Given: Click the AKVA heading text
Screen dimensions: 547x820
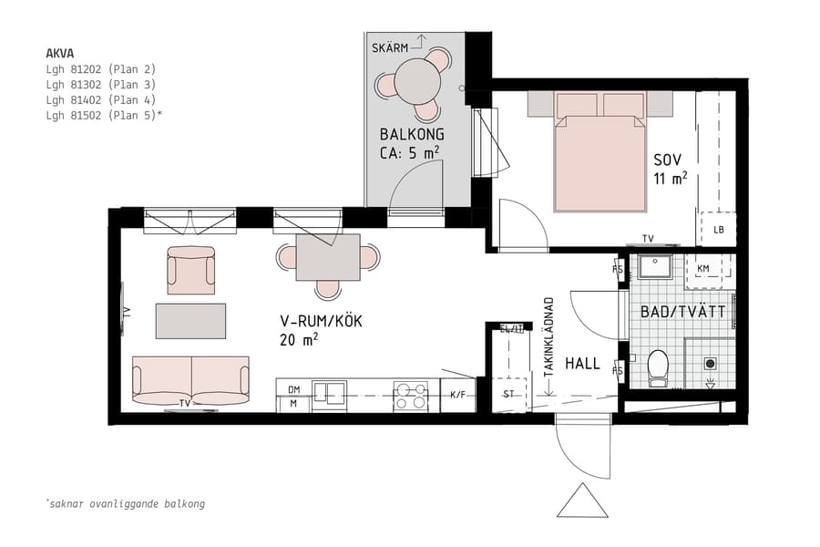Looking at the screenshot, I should (59, 53).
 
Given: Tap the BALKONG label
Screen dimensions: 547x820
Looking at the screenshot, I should (412, 135).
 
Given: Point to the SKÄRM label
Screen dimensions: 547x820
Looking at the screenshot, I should (389, 46).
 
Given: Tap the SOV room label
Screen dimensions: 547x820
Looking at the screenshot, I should (668, 160).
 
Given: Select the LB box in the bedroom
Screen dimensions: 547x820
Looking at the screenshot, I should (718, 229).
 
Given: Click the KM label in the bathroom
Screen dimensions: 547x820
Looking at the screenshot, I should (702, 268).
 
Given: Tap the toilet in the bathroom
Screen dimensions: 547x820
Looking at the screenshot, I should (657, 366).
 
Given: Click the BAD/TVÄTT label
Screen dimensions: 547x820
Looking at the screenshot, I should (682, 312).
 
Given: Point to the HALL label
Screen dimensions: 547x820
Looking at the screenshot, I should (582, 363).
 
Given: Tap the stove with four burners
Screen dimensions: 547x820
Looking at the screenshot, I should (410, 396).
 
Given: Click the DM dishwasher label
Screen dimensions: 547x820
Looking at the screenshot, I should (293, 388).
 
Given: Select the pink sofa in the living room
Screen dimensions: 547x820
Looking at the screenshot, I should (190, 380).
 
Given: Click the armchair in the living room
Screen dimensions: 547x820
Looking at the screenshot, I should (191, 270).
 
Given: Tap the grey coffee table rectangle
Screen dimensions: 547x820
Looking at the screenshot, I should (190, 321).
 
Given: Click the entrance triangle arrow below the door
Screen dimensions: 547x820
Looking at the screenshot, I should (582, 502).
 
